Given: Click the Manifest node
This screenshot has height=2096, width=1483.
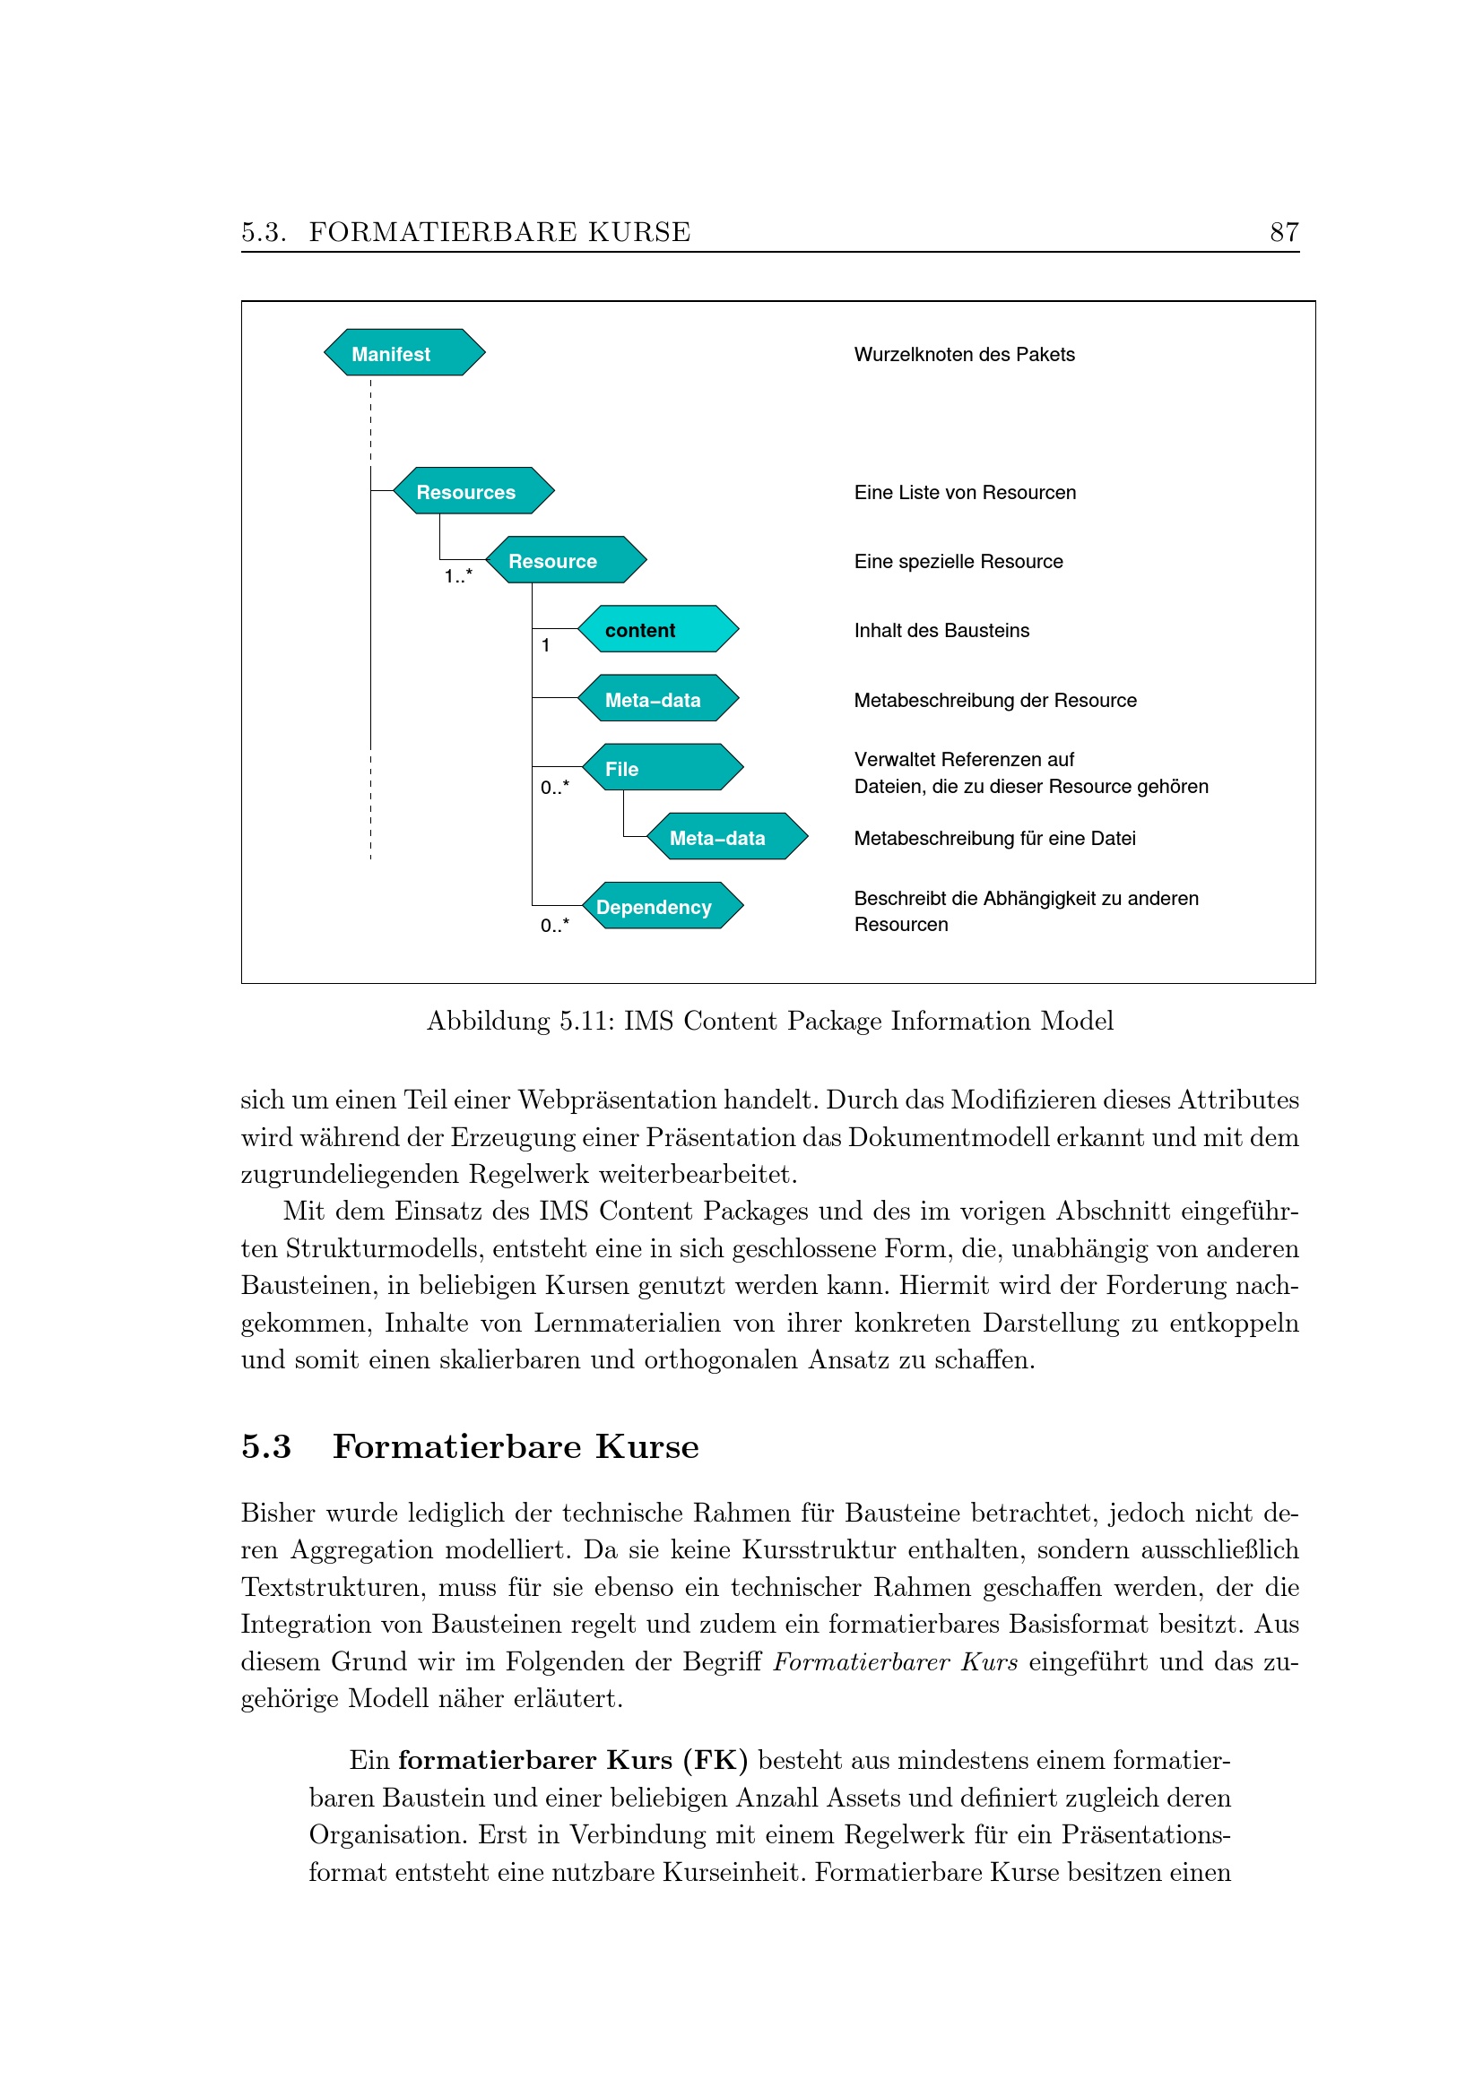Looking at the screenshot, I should pyautogui.click(x=403, y=352).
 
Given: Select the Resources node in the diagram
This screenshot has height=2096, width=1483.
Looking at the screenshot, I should pyautogui.click(x=473, y=491).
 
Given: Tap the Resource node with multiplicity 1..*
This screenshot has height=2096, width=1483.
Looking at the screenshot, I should pyautogui.click(x=565, y=559).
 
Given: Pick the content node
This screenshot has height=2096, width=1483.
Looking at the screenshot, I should pyautogui.click(x=657, y=629).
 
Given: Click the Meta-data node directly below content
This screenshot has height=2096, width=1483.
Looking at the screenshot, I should pyautogui.click(x=657, y=698).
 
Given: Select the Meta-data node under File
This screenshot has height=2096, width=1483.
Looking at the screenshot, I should pyautogui.click(x=727, y=836).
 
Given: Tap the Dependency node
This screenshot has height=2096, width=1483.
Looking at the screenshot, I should pyautogui.click(x=662, y=906).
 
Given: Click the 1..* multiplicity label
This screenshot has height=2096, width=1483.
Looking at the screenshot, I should pyautogui.click(x=458, y=576).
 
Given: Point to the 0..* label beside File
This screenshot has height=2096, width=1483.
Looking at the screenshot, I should pyautogui.click(x=554, y=787).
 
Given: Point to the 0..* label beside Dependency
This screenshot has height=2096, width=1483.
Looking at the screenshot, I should pyautogui.click(x=554, y=926).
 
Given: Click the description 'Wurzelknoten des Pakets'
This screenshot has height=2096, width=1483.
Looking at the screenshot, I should pyautogui.click(x=965, y=354).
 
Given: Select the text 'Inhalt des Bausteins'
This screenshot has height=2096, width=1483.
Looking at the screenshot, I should pyautogui.click(x=941, y=630).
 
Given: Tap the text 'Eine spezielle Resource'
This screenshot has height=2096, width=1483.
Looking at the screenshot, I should pyautogui.click(x=958, y=562).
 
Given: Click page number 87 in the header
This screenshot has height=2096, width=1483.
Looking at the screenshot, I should pyautogui.click(x=1284, y=232).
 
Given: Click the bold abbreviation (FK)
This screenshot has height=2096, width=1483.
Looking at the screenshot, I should pyautogui.click(x=715, y=1760).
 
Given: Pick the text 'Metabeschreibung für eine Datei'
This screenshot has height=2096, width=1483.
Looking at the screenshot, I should pyautogui.click(x=994, y=838).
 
